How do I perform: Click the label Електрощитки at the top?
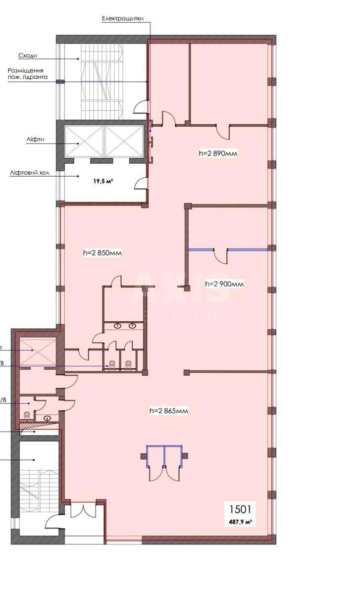[122, 19]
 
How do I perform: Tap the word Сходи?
[28, 56]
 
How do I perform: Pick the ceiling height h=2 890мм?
[218, 153]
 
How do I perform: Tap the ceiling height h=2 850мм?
[102, 253]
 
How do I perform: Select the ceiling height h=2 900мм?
[224, 284]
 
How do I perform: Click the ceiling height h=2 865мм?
[169, 410]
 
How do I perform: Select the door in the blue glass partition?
[220, 255]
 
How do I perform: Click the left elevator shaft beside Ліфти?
[83, 142]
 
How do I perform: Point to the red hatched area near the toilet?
[38, 423]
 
